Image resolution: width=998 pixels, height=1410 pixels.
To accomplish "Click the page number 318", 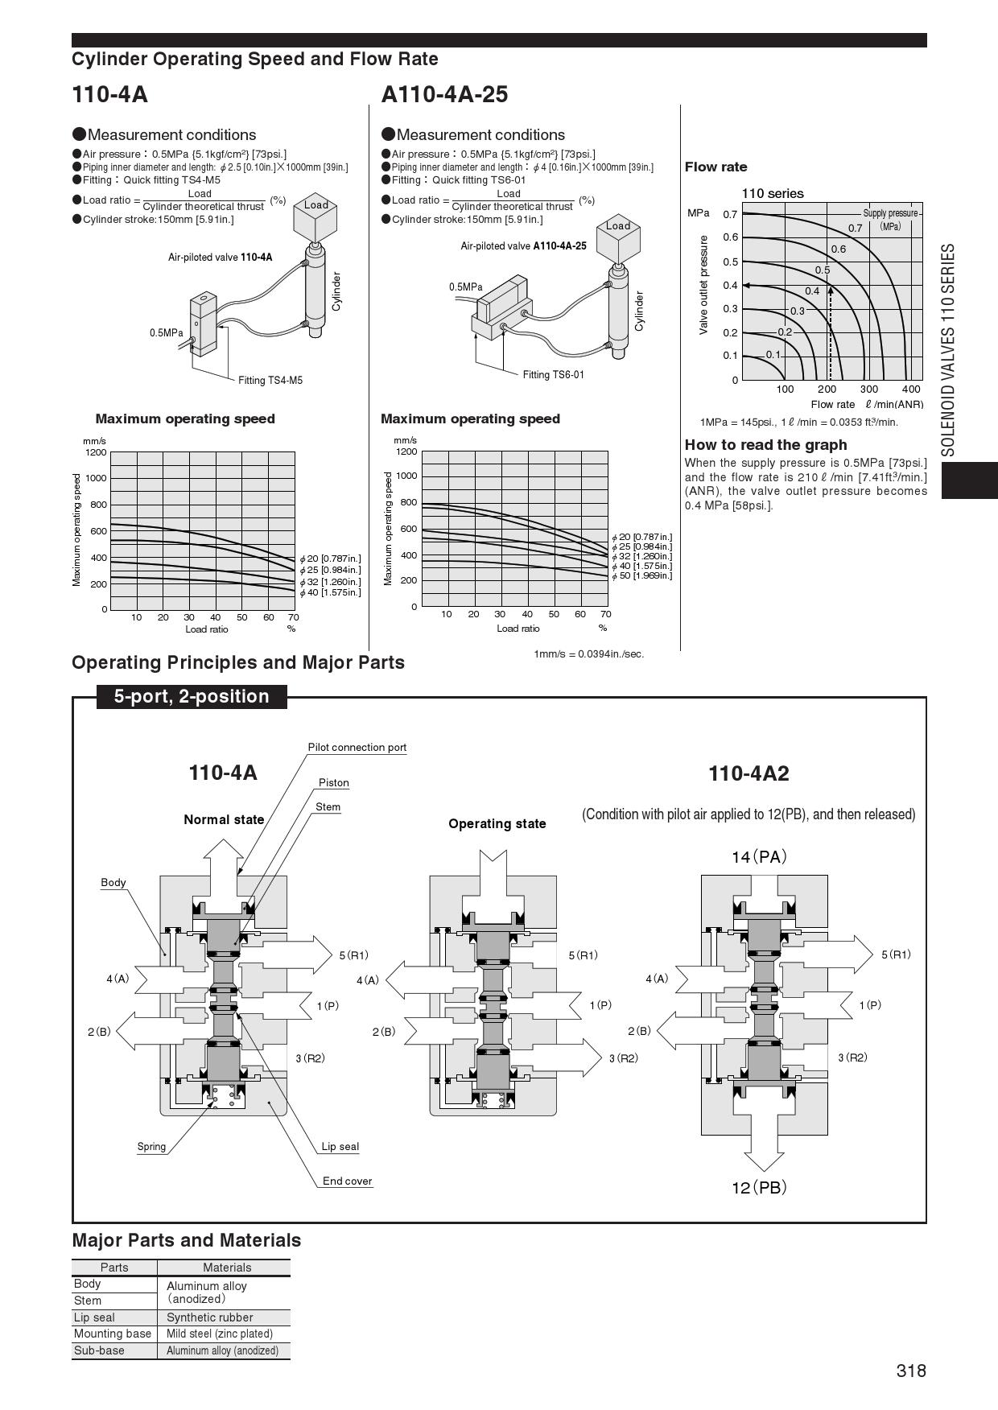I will click(911, 1371).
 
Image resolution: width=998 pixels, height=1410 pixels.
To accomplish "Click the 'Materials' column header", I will click(227, 1268).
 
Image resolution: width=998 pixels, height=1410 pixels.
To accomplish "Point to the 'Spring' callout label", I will click(151, 1147).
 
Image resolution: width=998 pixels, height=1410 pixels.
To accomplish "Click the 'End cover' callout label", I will click(347, 1181).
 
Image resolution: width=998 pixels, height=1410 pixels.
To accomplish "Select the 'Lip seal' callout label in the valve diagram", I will click(340, 1147).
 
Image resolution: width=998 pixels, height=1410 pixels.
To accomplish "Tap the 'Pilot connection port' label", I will click(357, 748).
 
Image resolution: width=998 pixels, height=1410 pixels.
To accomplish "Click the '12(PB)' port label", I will click(759, 1187).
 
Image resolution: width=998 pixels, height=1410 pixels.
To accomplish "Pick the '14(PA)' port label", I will click(759, 857).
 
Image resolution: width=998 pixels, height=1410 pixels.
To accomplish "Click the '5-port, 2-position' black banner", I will click(192, 697).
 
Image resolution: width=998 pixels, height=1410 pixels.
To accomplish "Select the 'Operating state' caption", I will click(497, 824).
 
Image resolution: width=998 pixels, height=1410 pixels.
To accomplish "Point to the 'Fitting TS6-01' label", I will click(553, 375).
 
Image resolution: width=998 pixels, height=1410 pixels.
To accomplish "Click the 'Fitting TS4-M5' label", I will click(270, 381).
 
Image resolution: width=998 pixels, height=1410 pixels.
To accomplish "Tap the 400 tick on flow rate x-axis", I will click(910, 390).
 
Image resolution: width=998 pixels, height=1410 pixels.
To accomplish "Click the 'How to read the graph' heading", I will click(765, 445).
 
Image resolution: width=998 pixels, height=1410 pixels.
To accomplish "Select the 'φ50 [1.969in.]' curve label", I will click(641, 575).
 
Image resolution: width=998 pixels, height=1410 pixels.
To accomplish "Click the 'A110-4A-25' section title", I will click(444, 95).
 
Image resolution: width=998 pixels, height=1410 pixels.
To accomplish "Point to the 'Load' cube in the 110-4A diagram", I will click(315, 214).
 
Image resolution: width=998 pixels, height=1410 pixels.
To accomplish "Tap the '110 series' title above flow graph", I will click(772, 193).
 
